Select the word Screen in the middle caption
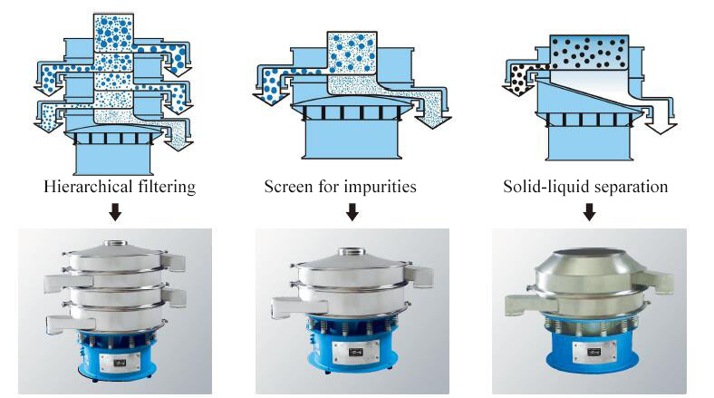click(287, 188)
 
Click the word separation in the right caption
click(632, 188)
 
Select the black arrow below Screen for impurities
click(352, 213)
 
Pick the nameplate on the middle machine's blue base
click(353, 350)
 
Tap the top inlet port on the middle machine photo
click(352, 254)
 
